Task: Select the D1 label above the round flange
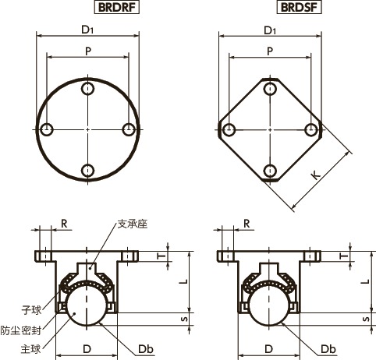[x=87, y=30]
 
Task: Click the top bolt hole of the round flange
[x=89, y=88]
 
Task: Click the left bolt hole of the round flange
[x=48, y=129]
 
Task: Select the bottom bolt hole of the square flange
[x=270, y=171]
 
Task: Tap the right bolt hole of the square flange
[x=311, y=129]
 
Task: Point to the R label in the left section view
[x=64, y=223]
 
